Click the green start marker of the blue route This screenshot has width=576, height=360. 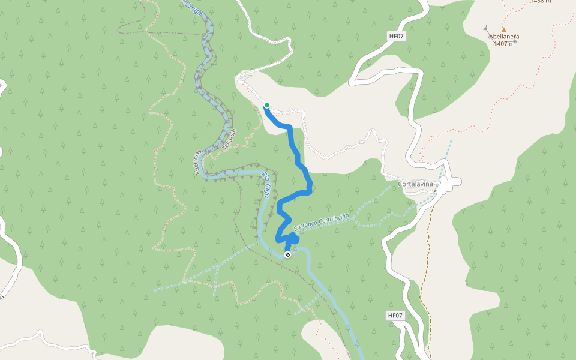click(266, 106)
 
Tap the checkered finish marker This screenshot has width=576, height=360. click(287, 255)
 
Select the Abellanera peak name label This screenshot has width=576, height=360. click(503, 37)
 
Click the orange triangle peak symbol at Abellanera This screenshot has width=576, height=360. click(504, 29)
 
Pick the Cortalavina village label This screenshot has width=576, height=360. click(415, 184)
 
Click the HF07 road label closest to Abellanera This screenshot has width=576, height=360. click(397, 36)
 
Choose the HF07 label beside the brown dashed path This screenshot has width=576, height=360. click(395, 315)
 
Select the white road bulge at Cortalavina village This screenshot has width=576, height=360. click(449, 182)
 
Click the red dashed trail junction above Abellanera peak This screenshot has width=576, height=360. click(506, 11)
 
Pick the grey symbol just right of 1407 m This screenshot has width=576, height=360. click(515, 41)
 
